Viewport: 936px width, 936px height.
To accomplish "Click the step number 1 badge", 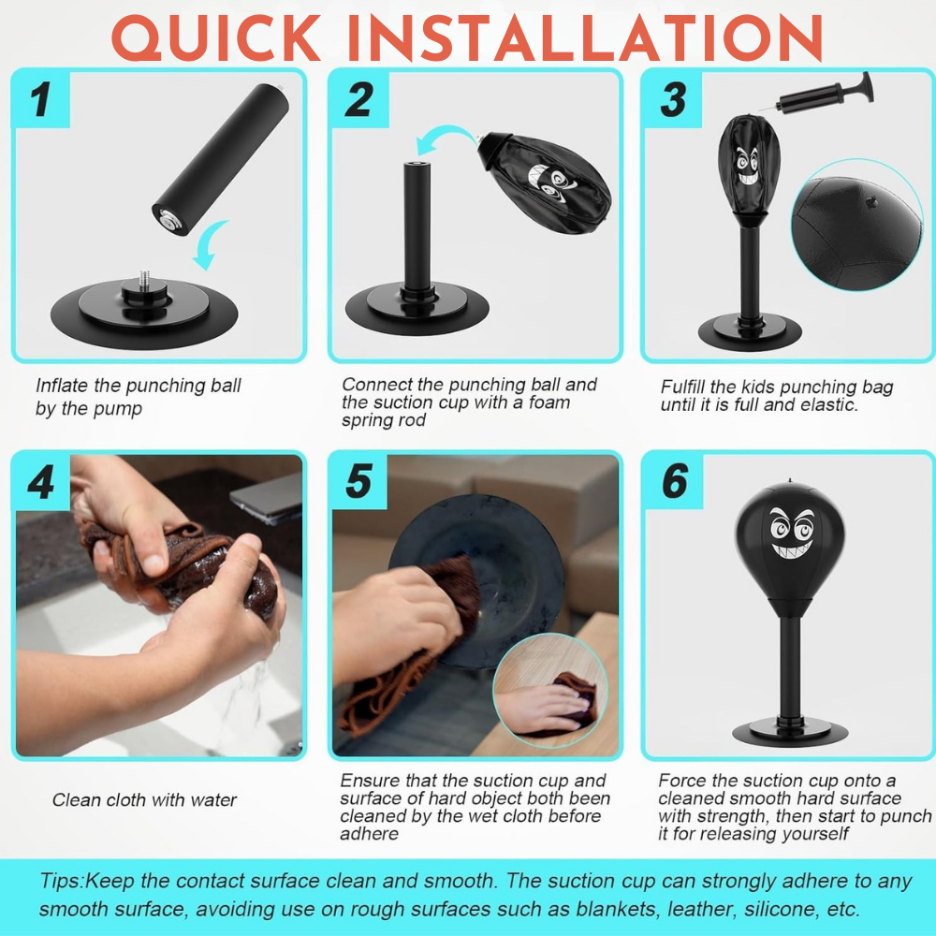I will coord(39,99).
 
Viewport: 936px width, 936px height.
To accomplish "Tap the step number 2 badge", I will coord(358,99).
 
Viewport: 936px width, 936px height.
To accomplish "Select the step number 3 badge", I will coord(673,99).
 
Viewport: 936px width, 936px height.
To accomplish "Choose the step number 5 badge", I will coord(358,481).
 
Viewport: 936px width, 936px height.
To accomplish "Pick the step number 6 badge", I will coord(674,481).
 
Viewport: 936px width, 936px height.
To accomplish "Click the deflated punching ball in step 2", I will coord(547,178).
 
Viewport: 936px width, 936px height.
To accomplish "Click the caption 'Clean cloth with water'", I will coord(144,800).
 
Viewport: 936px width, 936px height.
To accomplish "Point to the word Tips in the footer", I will coord(61,881).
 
